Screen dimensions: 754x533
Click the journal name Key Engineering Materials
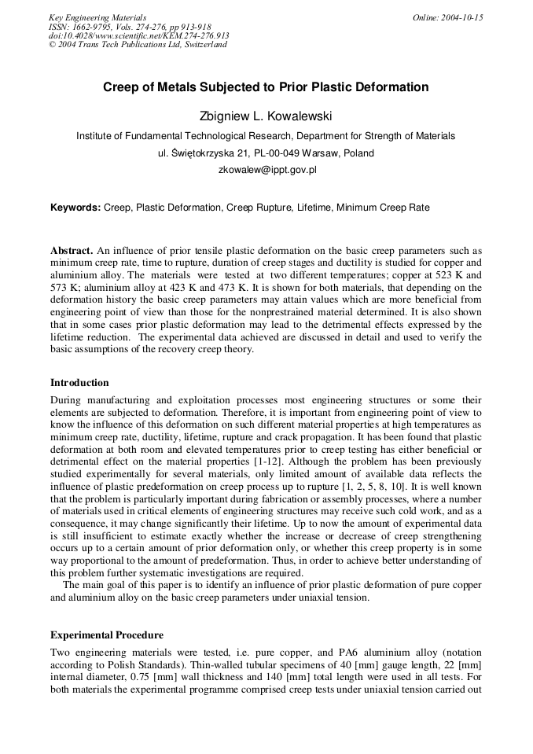(x=97, y=17)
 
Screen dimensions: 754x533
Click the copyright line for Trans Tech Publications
(x=138, y=44)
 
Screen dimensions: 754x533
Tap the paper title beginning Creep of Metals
(x=266, y=87)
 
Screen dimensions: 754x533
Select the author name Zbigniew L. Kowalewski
(x=266, y=116)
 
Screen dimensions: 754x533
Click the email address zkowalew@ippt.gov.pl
(x=266, y=169)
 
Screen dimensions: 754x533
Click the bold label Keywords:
(x=75, y=208)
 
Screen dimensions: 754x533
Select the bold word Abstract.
(x=72, y=252)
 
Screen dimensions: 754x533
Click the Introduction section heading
(x=79, y=383)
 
